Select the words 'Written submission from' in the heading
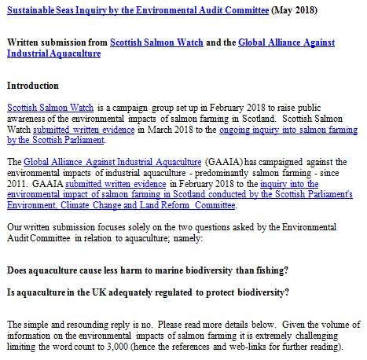[55, 42]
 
